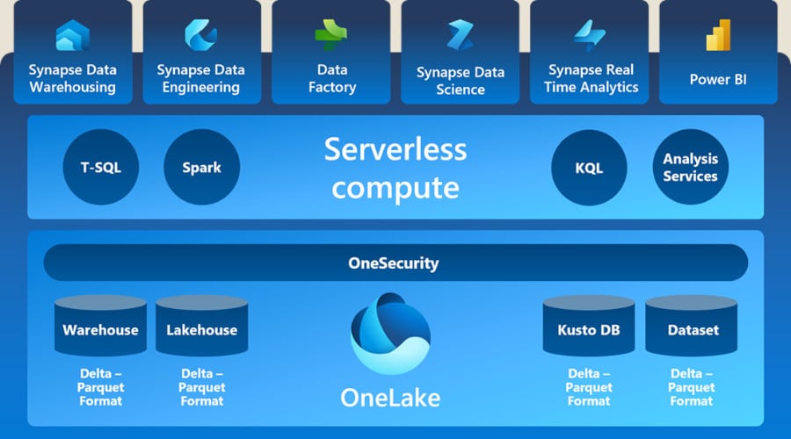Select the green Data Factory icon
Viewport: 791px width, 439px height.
tap(330, 35)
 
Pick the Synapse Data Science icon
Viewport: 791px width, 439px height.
tap(460, 36)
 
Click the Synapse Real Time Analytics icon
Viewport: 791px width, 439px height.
tap(589, 35)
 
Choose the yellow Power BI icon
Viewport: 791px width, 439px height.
tap(718, 35)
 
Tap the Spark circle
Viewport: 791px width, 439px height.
tap(201, 167)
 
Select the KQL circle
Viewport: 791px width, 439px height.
tap(589, 167)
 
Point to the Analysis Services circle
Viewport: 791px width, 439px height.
tap(690, 167)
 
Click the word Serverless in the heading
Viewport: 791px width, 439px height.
tap(395, 148)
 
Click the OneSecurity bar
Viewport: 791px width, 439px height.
tap(395, 263)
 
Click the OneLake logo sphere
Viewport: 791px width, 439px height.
tap(391, 334)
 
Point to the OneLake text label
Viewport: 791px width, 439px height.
tap(390, 398)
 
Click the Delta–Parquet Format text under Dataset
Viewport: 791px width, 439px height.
tap(692, 387)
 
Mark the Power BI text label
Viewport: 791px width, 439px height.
tap(718, 79)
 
